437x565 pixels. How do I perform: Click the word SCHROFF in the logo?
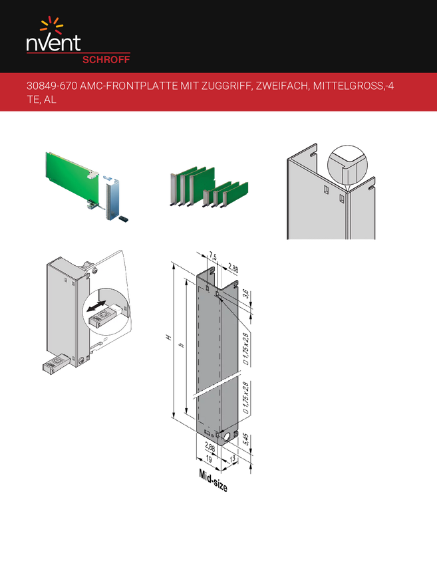[x=106, y=59]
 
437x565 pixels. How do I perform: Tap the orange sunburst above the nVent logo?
[x=52, y=25]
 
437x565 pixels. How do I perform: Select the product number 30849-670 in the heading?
[x=52, y=86]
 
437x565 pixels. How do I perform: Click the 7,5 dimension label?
[x=213, y=257]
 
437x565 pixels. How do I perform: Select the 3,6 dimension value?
[x=245, y=294]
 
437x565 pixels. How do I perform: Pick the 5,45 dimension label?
[x=245, y=439]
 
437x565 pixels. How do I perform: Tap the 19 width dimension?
[x=209, y=459]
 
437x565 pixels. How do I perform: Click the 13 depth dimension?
[x=233, y=459]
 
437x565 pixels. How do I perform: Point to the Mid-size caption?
[x=213, y=481]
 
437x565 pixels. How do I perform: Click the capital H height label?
[x=168, y=337]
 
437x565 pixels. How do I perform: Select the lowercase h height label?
[x=182, y=345]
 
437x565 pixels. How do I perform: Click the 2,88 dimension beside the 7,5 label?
[x=233, y=268]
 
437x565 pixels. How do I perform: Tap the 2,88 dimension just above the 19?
[x=210, y=447]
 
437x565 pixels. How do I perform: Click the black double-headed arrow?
[x=96, y=306]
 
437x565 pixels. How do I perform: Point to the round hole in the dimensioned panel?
[x=228, y=437]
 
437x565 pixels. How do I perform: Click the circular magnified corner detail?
[x=348, y=166]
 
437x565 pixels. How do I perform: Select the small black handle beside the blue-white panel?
[x=123, y=219]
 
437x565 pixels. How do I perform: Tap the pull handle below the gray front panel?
[x=55, y=363]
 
